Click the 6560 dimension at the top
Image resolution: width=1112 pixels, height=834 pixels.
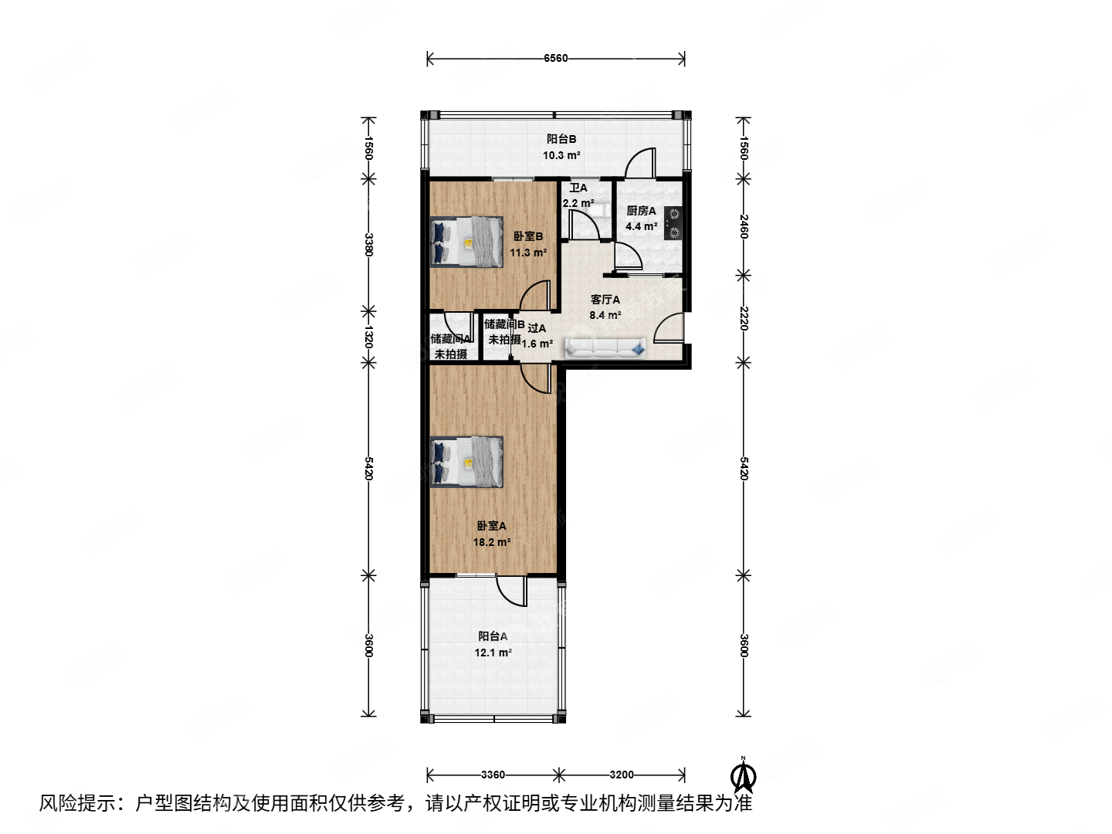pyautogui.click(x=556, y=58)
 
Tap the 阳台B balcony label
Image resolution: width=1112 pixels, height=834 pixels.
pyautogui.click(x=561, y=147)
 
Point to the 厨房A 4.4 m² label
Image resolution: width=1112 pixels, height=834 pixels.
pyautogui.click(x=641, y=219)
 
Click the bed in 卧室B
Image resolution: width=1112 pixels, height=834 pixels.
pyautogui.click(x=466, y=241)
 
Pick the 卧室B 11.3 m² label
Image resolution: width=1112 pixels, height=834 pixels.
pyautogui.click(x=528, y=244)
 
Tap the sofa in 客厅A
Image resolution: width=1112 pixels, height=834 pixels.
pyautogui.click(x=606, y=348)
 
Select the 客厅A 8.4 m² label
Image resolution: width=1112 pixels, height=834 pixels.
pyautogui.click(x=605, y=307)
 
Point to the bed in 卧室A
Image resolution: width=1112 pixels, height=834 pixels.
pyautogui.click(x=466, y=463)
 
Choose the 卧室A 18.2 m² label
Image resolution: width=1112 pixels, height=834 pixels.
pyautogui.click(x=491, y=534)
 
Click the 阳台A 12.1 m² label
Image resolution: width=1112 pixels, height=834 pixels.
pyautogui.click(x=493, y=644)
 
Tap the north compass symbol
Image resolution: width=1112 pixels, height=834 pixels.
pyautogui.click(x=744, y=775)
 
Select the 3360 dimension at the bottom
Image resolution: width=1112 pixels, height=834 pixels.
pyautogui.click(x=493, y=775)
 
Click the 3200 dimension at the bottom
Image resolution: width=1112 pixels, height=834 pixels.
pyautogui.click(x=622, y=775)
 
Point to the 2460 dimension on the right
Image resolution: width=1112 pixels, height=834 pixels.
pyautogui.click(x=744, y=226)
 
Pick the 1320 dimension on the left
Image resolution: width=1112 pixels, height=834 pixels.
pyautogui.click(x=369, y=337)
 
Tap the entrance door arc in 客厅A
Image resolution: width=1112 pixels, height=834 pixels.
pyautogui.click(x=668, y=327)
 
